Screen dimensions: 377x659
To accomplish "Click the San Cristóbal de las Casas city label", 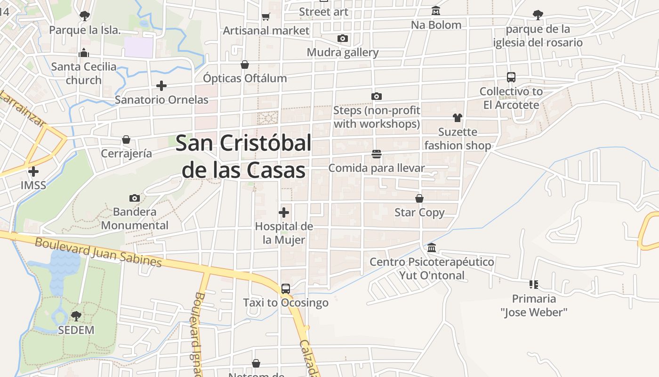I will [x=243, y=156].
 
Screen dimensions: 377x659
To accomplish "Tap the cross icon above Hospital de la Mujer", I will [x=284, y=212].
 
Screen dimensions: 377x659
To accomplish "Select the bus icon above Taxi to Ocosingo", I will [x=285, y=288].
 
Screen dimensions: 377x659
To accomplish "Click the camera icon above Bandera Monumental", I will [x=135, y=198].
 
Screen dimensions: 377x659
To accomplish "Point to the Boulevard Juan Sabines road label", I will [x=98, y=252].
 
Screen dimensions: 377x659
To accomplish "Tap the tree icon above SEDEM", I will [x=76, y=316].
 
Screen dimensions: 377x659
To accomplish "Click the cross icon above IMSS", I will [x=33, y=172].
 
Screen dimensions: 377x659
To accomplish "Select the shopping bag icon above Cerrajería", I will [x=126, y=139].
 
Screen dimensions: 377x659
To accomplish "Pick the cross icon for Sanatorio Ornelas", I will [x=161, y=86].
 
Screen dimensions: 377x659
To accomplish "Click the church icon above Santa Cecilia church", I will [x=84, y=53].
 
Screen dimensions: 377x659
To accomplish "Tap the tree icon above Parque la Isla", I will [x=85, y=16].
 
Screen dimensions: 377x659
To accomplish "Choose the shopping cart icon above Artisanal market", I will [x=266, y=17].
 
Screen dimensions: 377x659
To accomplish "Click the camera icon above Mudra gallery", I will [x=343, y=39].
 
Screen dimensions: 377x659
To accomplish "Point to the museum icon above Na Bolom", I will [x=436, y=11].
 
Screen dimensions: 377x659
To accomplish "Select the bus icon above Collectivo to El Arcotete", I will [x=511, y=77].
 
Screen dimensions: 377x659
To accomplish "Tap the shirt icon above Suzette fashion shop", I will [x=458, y=118].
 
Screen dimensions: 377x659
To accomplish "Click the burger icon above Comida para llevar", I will [x=377, y=154].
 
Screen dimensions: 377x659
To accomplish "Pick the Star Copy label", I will [x=419, y=213].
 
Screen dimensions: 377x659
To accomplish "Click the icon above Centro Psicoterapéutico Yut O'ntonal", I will [x=432, y=248].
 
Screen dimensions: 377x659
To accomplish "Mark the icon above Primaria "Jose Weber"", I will [x=534, y=284].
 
